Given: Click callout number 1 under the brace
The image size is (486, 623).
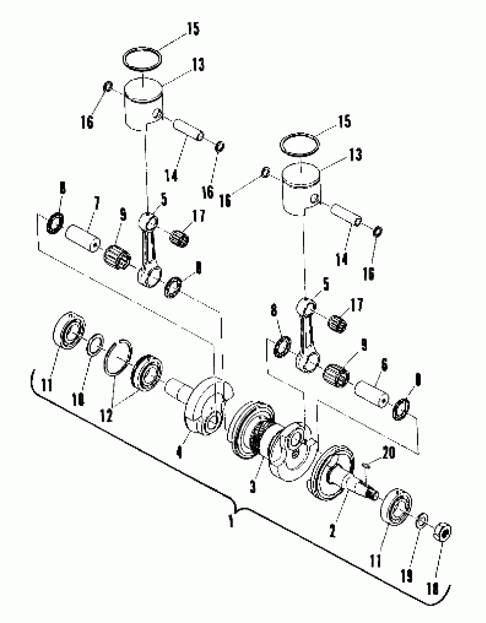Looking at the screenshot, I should [x=231, y=521].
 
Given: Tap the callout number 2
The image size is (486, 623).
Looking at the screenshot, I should [x=332, y=531].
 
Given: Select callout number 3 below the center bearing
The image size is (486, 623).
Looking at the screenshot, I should [x=253, y=487].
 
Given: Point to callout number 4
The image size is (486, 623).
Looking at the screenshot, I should [x=179, y=452].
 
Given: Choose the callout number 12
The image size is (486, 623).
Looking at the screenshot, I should [x=106, y=415].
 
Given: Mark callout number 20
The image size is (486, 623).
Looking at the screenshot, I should [x=388, y=453].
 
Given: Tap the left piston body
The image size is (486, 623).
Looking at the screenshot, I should [x=143, y=110].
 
